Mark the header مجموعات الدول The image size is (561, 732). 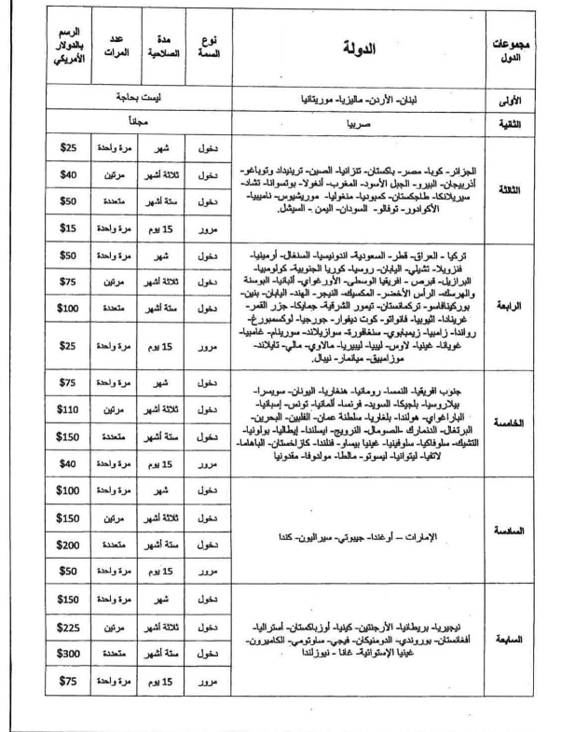pos(512,50)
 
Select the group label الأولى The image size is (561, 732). pos(512,97)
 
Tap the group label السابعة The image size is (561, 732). pos(512,642)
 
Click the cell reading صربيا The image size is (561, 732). pos(359,121)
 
